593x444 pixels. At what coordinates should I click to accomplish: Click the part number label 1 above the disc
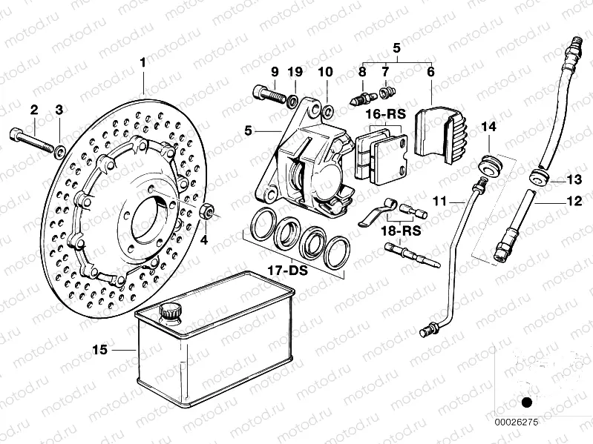pos(143,64)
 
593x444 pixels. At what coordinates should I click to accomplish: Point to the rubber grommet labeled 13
pos(538,179)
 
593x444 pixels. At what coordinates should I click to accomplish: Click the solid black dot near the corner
pos(527,402)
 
